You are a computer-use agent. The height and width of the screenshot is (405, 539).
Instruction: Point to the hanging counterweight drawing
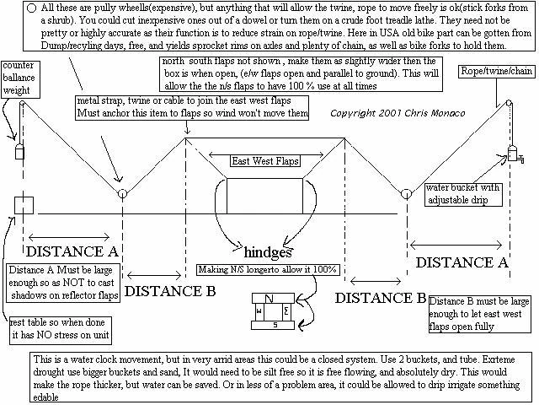18,153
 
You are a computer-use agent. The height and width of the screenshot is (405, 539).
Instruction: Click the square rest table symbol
24,205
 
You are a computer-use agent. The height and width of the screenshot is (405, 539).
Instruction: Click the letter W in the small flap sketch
259,310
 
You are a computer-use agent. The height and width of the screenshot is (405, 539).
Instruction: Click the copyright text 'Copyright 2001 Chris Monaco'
387,112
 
